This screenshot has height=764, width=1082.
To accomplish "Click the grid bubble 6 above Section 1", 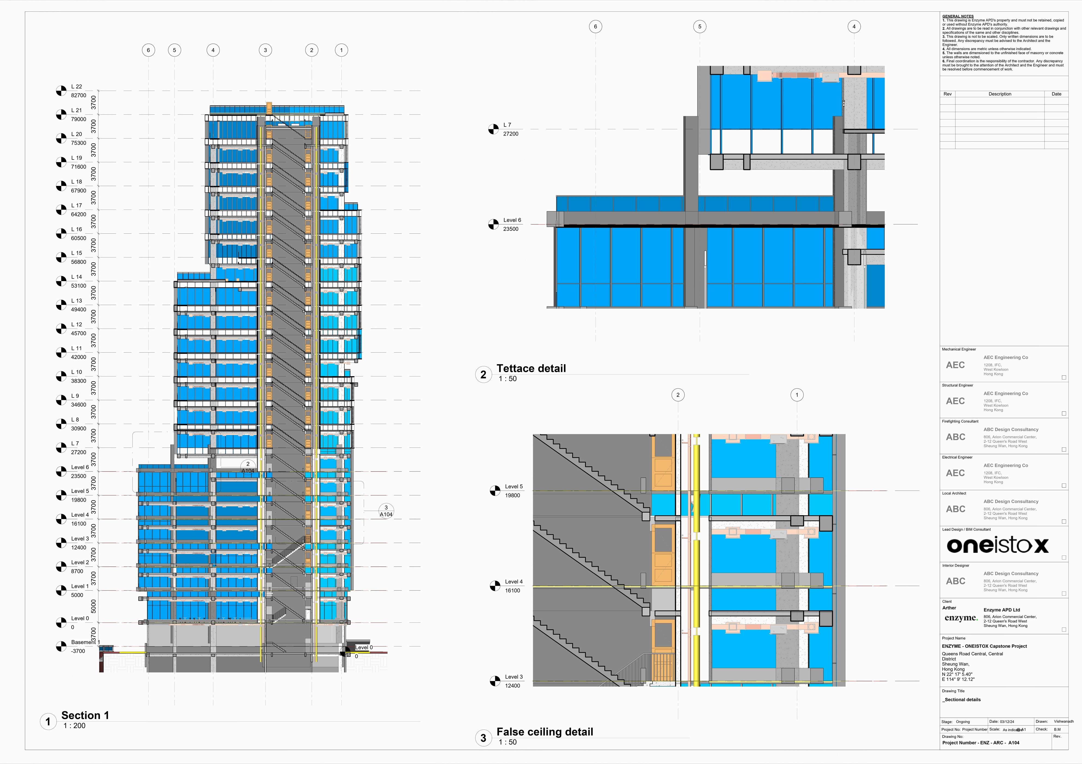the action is pos(148,50).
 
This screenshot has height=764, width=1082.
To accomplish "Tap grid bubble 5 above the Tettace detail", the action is pos(699,27).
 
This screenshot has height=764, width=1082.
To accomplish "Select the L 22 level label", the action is pos(76,87).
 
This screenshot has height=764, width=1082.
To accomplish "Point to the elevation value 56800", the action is pos(79,262).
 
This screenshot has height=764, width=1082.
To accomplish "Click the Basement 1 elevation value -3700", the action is pos(78,651).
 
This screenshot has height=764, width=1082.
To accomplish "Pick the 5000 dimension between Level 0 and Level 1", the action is pos(93,606).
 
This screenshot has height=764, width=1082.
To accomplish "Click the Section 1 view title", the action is pos(85,715).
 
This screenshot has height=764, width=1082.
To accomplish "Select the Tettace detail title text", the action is pos(531,368).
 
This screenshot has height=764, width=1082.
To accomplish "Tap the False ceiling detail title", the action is pos(545,732).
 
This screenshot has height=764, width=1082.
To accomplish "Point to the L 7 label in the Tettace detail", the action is pos(507,125).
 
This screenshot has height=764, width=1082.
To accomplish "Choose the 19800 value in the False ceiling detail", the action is pos(513,496).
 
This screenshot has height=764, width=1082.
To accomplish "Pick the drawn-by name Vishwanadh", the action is pos(1063,722).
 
